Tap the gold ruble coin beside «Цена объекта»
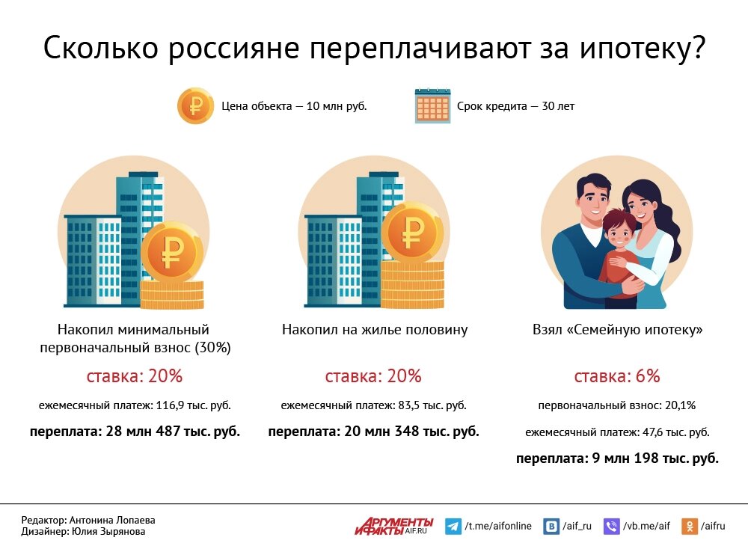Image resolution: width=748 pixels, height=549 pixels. (195, 105)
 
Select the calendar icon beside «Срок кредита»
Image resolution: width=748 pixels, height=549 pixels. (432, 106)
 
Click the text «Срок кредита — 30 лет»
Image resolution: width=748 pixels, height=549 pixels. (515, 106)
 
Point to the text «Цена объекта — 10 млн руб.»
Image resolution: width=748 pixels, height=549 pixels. (294, 106)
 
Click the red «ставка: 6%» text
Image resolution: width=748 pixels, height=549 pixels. (617, 376)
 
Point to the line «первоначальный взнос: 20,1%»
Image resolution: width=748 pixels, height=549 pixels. (617, 405)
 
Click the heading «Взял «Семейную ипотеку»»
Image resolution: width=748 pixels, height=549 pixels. (617, 330)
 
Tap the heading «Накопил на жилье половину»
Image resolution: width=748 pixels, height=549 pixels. (374, 330)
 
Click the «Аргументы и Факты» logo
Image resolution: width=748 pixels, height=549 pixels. (393, 526)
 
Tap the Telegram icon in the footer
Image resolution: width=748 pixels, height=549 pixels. (453, 527)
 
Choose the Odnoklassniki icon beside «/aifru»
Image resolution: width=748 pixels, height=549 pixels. (689, 527)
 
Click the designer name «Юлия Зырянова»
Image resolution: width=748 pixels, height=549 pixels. (108, 532)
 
